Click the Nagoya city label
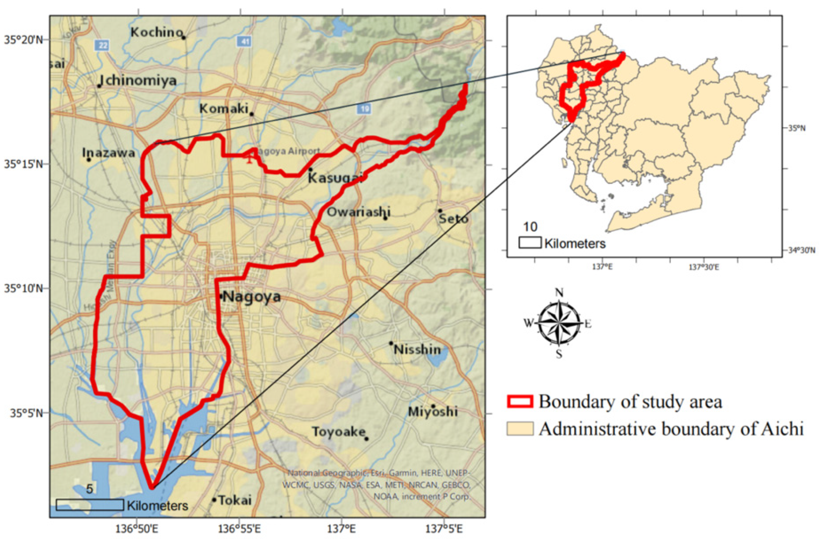pos(252,296)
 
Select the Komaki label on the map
pos(224,109)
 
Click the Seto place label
pos(454,219)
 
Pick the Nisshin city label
pos(417,350)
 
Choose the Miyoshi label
pos(433,412)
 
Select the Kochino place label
pos(156,32)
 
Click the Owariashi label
pos(358,212)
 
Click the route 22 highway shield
pos(102,45)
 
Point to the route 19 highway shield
pos(364,109)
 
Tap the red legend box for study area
pos(520,401)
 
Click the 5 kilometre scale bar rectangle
pos(89,505)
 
